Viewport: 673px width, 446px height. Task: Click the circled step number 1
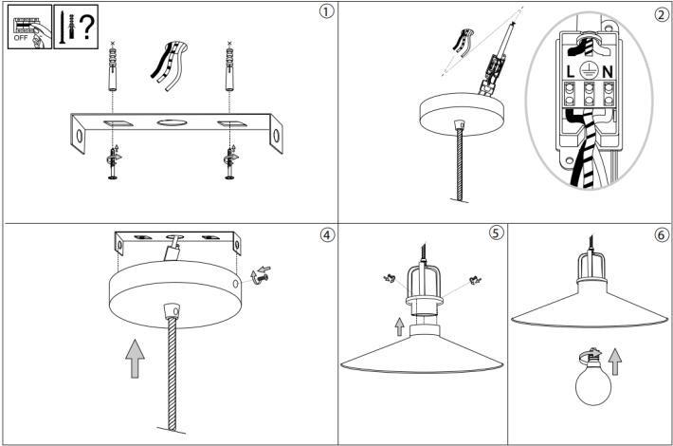click(x=326, y=11)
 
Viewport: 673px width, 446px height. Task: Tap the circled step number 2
click(x=662, y=15)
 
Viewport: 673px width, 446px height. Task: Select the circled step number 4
click(x=327, y=235)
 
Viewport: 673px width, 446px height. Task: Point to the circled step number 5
click(x=496, y=232)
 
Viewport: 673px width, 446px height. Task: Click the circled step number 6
click(x=661, y=234)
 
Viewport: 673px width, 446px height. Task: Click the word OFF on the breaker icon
click(x=21, y=38)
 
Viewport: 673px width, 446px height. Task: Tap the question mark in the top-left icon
click(x=86, y=27)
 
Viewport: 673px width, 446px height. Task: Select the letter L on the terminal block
click(x=570, y=72)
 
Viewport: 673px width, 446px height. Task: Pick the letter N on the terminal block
click(x=608, y=72)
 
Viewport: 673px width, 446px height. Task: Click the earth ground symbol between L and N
click(x=589, y=70)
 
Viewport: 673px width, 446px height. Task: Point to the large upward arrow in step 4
click(x=135, y=359)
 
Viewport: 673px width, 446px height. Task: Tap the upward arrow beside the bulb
click(x=615, y=362)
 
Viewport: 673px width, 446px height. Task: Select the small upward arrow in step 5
click(x=400, y=326)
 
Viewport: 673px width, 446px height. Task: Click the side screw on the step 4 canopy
click(x=260, y=275)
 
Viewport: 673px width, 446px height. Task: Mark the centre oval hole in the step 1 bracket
click(x=172, y=122)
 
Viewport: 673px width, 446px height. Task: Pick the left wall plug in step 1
click(x=113, y=68)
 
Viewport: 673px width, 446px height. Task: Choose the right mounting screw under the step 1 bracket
click(x=230, y=162)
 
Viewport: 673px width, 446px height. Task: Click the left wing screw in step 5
click(x=390, y=278)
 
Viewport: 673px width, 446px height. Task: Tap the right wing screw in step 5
click(x=475, y=280)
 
